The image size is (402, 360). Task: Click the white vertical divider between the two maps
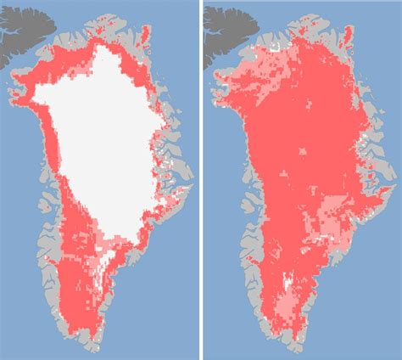(201, 180)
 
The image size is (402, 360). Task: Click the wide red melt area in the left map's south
(76, 272)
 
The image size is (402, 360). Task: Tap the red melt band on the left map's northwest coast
(34, 93)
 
